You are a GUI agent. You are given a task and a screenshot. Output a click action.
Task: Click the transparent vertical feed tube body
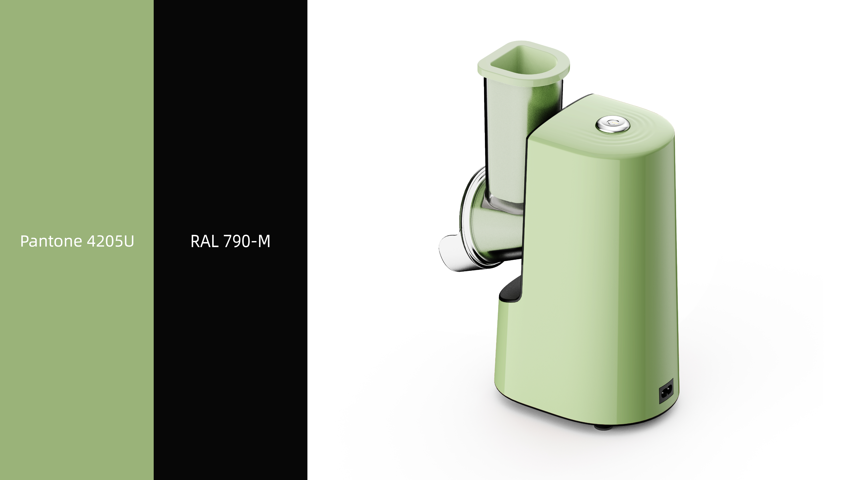pyautogui.click(x=507, y=133)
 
